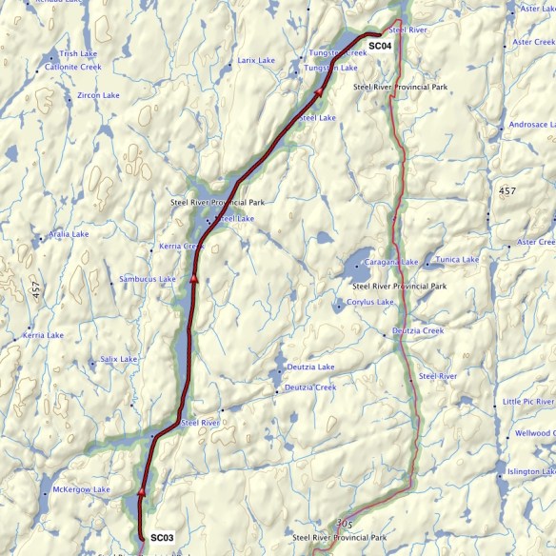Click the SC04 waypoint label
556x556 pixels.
pyautogui.click(x=381, y=46)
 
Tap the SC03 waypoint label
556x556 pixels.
pyautogui.click(x=162, y=538)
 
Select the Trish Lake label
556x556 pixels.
pyautogui.click(x=78, y=54)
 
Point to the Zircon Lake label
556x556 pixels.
pyautogui.click(x=99, y=96)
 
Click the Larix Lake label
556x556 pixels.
pyautogui.click(x=256, y=60)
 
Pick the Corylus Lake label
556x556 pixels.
pyautogui.click(x=370, y=302)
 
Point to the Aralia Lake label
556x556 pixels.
pyautogui.click(x=69, y=233)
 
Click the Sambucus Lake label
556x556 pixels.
pyautogui.click(x=148, y=279)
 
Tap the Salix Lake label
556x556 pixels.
pyautogui.click(x=119, y=359)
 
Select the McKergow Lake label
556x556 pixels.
pyautogui.click(x=81, y=489)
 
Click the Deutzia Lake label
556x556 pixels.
pyautogui.click(x=310, y=367)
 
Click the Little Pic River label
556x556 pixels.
pyautogui.click(x=528, y=402)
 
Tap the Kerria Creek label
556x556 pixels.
pyautogui.click(x=182, y=247)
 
